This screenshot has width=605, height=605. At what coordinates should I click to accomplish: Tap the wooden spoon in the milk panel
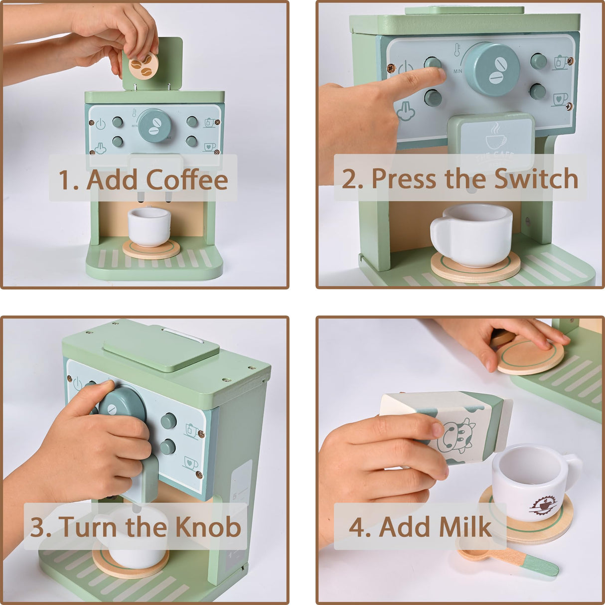(506, 558)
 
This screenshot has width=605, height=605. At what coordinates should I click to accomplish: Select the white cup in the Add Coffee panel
(149, 226)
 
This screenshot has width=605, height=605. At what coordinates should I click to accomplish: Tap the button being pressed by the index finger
(433, 64)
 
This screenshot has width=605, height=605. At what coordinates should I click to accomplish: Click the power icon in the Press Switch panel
(406, 68)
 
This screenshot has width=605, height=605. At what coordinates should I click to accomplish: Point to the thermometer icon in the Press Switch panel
(456, 50)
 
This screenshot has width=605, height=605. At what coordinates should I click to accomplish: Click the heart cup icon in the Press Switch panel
(560, 99)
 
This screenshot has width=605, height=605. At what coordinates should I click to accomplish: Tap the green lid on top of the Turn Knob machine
(161, 346)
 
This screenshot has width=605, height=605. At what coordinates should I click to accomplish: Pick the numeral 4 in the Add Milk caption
(357, 527)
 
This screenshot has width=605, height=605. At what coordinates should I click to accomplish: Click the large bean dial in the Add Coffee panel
(154, 125)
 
